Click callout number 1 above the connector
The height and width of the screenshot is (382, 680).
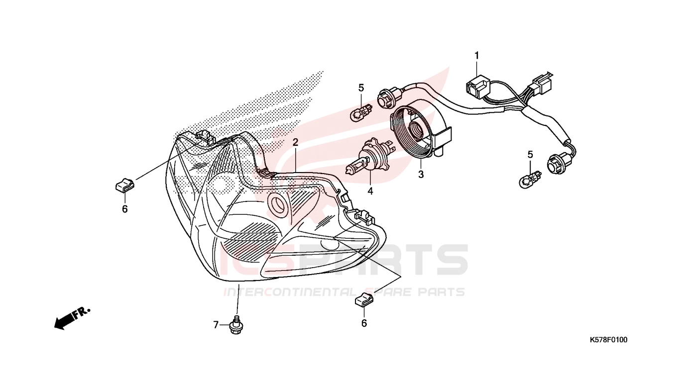click(x=476, y=56)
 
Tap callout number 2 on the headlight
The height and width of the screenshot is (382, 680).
click(x=295, y=142)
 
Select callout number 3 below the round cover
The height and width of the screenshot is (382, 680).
click(x=421, y=175)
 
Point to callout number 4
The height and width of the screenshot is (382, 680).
click(x=370, y=191)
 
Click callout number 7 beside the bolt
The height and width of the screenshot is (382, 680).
click(x=216, y=325)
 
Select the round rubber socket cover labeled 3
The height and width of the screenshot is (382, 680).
click(x=421, y=129)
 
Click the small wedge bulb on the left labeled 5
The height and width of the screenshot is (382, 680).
click(x=360, y=112)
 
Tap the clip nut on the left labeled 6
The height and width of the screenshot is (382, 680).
click(x=125, y=185)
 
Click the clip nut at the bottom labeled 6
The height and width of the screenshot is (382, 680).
click(x=364, y=300)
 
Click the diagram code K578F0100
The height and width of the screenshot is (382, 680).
click(x=608, y=340)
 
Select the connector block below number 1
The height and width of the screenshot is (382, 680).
click(x=478, y=87)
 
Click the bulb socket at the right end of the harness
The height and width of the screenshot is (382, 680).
click(x=559, y=163)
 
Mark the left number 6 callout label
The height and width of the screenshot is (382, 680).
click(x=125, y=209)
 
